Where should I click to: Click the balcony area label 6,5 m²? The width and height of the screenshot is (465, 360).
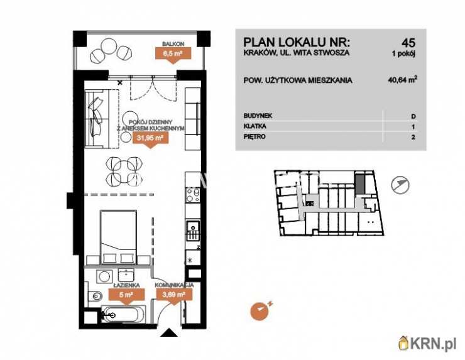click(173, 54)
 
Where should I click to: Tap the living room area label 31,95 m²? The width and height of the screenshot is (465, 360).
click(150, 138)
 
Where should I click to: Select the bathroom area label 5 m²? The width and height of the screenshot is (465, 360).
click(127, 295)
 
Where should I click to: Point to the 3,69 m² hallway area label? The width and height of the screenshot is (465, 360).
click(174, 295)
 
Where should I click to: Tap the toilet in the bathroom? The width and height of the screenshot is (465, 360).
click(95, 296)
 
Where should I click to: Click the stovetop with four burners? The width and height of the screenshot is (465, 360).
click(192, 195)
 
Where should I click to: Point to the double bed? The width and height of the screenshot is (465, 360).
click(118, 237)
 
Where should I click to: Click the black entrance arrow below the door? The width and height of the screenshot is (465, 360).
click(169, 332)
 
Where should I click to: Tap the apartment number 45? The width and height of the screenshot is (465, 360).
click(408, 43)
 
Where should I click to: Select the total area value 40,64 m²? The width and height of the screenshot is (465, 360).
click(402, 80)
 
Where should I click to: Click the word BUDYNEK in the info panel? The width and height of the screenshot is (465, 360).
click(258, 116)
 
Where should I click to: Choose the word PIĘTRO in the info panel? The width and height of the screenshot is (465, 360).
click(254, 137)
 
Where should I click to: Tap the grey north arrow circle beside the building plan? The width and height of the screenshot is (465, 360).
click(400, 185)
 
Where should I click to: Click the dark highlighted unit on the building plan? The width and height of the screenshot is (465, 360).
click(359, 185)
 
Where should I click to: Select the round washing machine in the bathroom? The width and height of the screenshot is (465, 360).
click(104, 276)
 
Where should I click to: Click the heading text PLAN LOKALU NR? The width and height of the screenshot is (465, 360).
click(297, 42)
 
